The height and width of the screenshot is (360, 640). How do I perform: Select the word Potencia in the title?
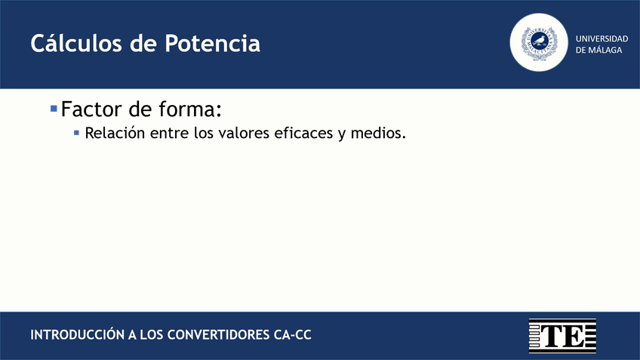click(x=214, y=44)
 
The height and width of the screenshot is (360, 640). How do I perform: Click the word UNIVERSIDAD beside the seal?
click(x=602, y=38)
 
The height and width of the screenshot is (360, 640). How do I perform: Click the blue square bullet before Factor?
click(x=54, y=109)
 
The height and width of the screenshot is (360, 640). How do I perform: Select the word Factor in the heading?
click(x=91, y=109)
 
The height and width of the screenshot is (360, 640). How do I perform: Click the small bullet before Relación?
click(x=76, y=133)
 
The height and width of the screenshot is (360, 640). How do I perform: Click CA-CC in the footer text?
click(x=293, y=334)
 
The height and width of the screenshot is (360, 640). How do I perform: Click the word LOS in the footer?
click(x=151, y=334)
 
